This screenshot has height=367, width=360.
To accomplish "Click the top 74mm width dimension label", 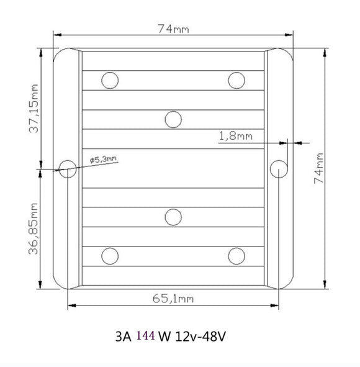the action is tap(173, 29).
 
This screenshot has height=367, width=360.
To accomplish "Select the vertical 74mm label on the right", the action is tap(318, 168).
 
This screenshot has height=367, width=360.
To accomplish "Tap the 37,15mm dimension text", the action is tap(34, 109).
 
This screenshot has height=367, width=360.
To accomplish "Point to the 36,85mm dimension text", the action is tap(33, 229).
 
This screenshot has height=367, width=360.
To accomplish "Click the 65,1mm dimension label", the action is tap(173, 299).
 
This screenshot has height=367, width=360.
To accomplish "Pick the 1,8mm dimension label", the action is tap(236, 136).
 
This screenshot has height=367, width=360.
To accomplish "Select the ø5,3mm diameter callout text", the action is tap(103, 160).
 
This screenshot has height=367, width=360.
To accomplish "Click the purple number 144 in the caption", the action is tap(145, 335).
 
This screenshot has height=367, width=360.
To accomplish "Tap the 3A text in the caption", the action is tap(124, 337).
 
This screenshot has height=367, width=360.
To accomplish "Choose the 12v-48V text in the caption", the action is tap(200, 337).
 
